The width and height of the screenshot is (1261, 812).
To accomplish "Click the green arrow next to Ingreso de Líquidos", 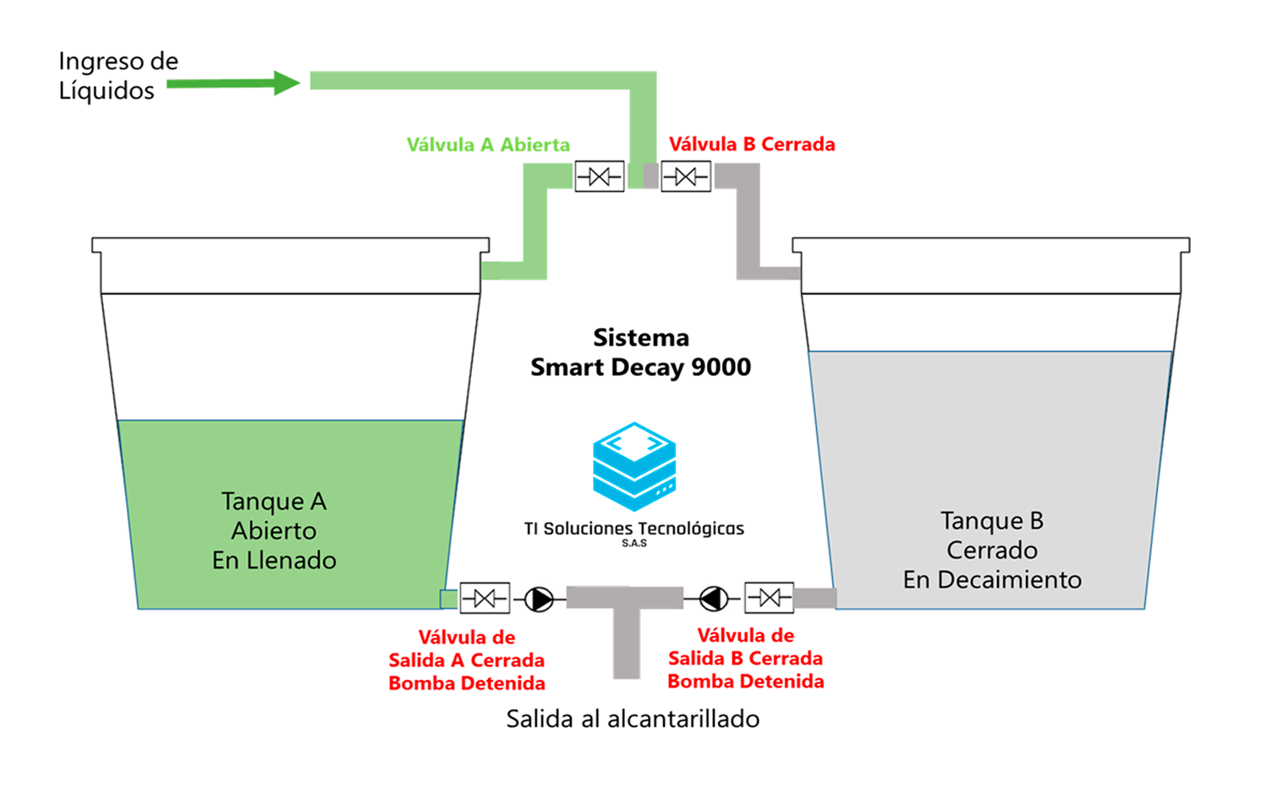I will tap(233, 83).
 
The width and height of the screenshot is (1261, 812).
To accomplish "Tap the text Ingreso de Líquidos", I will tap(118, 75).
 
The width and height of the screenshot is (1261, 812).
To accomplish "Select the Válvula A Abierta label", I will tap(488, 145).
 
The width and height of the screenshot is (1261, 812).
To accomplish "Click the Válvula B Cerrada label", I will tap(752, 145).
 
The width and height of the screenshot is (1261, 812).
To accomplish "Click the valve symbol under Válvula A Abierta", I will tap(599, 176).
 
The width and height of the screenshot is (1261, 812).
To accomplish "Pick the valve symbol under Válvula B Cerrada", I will tap(685, 176).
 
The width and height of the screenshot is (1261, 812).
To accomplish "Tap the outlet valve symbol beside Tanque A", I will tap(485, 599).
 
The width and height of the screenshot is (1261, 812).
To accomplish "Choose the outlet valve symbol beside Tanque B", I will tap(769, 598).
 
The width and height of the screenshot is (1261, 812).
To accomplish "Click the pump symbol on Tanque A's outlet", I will tap(539, 599).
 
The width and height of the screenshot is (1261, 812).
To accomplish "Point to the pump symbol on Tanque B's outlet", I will tap(714, 599).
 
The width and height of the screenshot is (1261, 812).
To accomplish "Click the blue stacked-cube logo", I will tap(634, 466).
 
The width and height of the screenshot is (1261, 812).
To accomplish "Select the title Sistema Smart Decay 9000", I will tap(640, 352).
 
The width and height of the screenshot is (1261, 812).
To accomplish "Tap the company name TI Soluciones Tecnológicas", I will tap(633, 529).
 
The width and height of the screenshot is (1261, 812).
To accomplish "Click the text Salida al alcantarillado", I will tap(633, 719).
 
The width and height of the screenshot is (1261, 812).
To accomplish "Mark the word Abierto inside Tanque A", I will tap(274, 531).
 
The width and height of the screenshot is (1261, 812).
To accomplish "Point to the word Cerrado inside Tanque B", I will tap(992, 551).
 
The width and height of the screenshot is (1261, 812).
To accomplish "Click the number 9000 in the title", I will tap(721, 367).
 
